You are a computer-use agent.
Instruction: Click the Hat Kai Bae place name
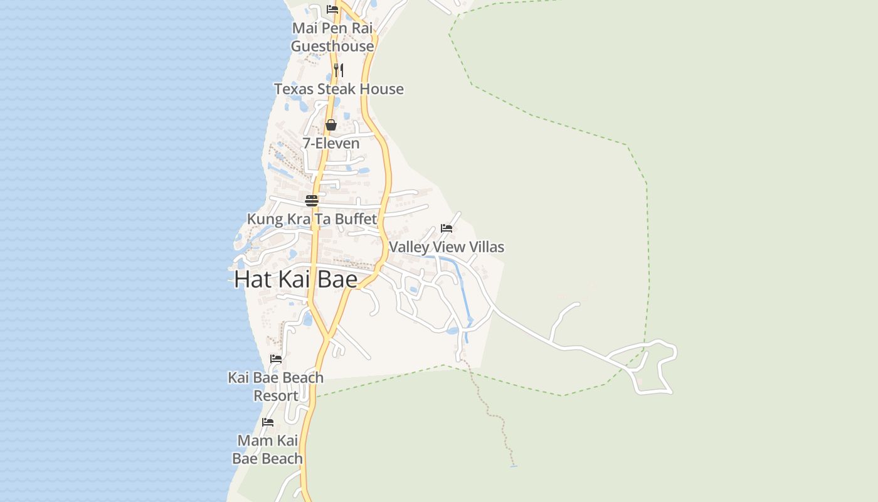[x=295, y=279]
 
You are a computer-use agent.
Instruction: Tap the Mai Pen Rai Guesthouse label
[x=332, y=37]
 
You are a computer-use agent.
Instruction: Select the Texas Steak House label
[x=339, y=89]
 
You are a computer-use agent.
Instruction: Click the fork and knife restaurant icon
[x=338, y=70]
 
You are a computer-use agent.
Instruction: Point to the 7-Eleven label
[x=331, y=143]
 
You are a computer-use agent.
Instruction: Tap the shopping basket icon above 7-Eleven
[x=331, y=125]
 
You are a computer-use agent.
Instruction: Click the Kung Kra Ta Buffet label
[x=312, y=219]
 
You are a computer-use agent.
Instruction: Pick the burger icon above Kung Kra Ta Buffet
[x=312, y=201]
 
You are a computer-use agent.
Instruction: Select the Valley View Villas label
[x=447, y=247]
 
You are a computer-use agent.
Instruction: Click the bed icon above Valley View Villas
[x=447, y=228]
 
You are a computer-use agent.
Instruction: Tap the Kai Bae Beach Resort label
[x=276, y=387]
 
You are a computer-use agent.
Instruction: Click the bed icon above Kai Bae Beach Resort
[x=276, y=359]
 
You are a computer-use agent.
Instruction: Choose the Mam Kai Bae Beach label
[x=268, y=449]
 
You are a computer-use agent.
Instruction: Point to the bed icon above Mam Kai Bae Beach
[x=268, y=422]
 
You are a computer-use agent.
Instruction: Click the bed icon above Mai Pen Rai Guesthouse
[x=332, y=9]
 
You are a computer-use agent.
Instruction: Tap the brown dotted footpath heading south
[x=495, y=414]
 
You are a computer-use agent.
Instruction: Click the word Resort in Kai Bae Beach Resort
[x=276, y=396]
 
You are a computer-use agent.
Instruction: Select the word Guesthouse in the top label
[x=332, y=46]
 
